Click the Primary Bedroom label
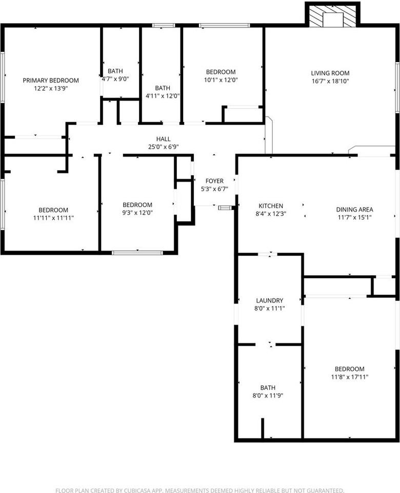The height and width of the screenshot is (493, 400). coord(51,80)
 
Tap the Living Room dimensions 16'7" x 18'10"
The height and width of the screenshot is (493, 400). coord(330,81)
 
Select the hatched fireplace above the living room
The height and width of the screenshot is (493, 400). coord(333,15)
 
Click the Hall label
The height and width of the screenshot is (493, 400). coord(164,139)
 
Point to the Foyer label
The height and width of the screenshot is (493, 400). coord(214,181)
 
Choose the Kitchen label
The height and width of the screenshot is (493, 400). coord(271,206)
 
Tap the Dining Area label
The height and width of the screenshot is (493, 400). coord(354,210)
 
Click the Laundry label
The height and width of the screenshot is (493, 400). coord(270,300)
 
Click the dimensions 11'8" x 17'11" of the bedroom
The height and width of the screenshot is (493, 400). coord(349,377)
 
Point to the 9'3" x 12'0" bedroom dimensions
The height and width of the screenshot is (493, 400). coord(137,213)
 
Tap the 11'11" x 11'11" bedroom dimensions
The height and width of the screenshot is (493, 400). coord(53,218)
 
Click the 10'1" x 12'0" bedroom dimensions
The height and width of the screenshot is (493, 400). coord(221,80)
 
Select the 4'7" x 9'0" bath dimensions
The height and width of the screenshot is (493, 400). coord(115,79)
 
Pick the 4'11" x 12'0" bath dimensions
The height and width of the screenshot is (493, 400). coord(162,96)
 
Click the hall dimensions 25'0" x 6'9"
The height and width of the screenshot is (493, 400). coord(164,147)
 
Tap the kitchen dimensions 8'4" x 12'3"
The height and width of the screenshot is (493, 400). coord(271,214)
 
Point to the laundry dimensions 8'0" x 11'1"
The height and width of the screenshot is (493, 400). coord(270,309)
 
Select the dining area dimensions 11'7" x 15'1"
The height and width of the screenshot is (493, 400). coord(354,217)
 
